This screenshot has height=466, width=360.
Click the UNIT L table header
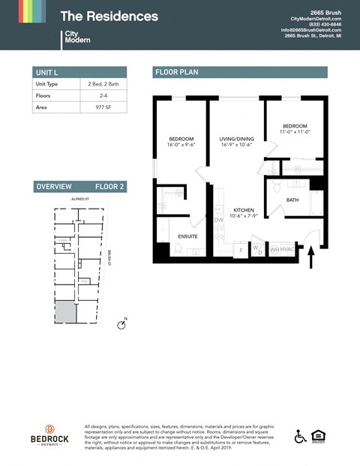pyautogui.click(x=80, y=72)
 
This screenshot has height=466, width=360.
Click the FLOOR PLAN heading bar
pyautogui.click(x=240, y=72)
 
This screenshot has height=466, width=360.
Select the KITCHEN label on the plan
pyautogui.click(x=243, y=210)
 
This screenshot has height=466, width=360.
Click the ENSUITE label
pyautogui.click(x=187, y=236)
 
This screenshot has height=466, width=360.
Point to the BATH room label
pyautogui.click(x=292, y=200)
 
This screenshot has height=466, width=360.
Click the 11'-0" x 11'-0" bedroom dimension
pyautogui.click(x=295, y=132)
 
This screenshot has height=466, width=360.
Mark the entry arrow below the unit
pyautogui.click(x=312, y=259)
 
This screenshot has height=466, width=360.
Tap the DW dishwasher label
pyautogui.click(x=218, y=220)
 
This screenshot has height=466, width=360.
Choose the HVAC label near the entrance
pyautogui.click(x=287, y=249)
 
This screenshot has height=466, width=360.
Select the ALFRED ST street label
pyautogui.click(x=79, y=199)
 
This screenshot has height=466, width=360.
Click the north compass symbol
pyautogui.click(x=121, y=325)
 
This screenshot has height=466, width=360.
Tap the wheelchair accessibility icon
pyautogui.click(x=300, y=436)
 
